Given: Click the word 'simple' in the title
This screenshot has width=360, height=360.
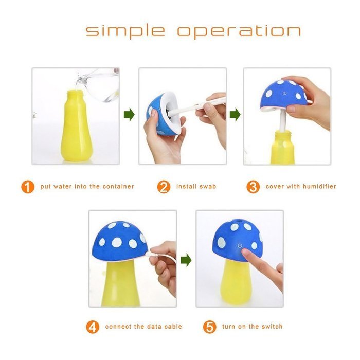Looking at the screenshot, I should point(125,31).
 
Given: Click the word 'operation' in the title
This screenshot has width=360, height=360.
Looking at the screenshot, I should point(239,31).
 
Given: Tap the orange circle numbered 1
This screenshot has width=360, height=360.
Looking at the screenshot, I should point(28,187).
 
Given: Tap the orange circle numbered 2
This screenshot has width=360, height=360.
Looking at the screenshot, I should point(164,187).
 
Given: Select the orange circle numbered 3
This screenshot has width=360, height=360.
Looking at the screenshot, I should point(253,187).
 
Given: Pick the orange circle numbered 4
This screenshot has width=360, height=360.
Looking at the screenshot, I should point(93,327).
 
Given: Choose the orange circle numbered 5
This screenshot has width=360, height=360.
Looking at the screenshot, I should point(209,327).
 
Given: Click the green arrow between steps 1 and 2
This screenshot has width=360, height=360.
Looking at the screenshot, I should point(130,115).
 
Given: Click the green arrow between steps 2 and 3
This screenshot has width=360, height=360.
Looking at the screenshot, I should point(235,115).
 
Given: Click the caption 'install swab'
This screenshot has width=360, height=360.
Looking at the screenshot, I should point(196,187).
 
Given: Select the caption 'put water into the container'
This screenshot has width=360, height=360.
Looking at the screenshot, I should point(87,187).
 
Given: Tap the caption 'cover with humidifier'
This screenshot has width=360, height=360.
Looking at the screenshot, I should point(300,187).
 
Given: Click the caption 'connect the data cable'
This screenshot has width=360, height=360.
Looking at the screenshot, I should point(143,327).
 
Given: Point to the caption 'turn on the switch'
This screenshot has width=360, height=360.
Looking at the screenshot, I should point(252,327).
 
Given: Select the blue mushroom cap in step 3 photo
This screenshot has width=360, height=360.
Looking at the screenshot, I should point(284,94).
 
